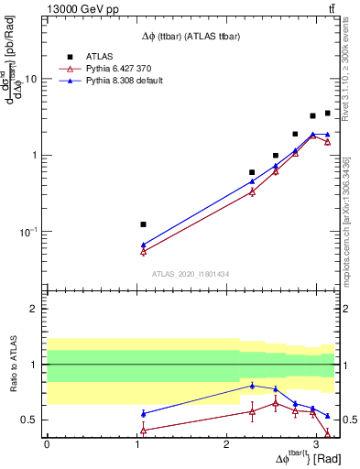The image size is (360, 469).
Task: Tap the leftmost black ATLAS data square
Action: [143, 224]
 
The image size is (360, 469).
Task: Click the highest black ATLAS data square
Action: [327, 114]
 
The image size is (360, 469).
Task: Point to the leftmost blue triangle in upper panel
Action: [143, 245]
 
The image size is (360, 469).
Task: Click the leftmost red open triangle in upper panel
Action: [143, 251]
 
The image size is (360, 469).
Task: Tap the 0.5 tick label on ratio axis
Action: [31, 420]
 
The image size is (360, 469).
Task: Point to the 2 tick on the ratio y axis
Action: [36, 310]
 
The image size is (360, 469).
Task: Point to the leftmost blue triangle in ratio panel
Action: [143, 413]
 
